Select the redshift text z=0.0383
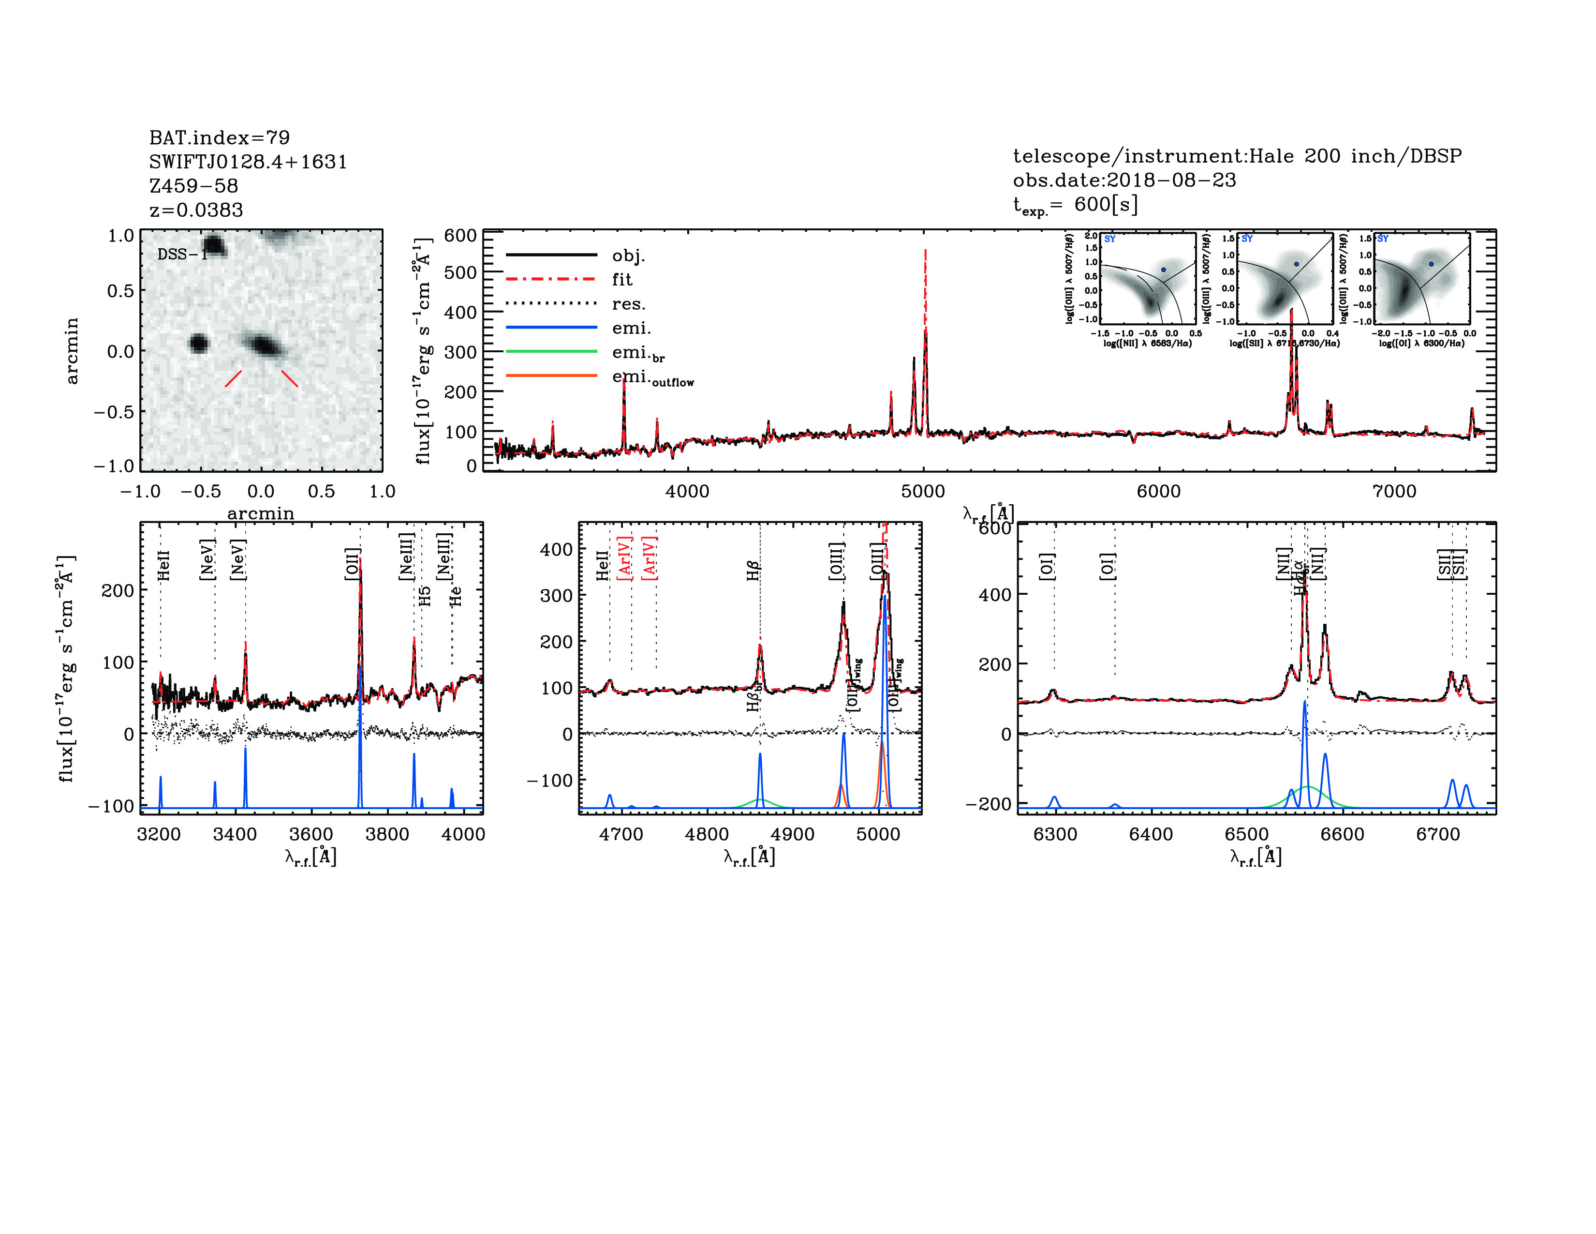(196, 210)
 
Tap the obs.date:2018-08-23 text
(1124, 180)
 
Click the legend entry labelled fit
(622, 279)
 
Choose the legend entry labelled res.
(628, 303)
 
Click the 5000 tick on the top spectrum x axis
(923, 491)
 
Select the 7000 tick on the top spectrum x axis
(1394, 491)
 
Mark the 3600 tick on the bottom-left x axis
(311, 834)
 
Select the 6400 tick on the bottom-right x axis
(1151, 834)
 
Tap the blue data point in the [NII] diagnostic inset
(1163, 270)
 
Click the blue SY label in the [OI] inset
(1383, 239)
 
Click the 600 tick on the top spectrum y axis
(460, 235)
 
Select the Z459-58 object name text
(193, 186)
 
